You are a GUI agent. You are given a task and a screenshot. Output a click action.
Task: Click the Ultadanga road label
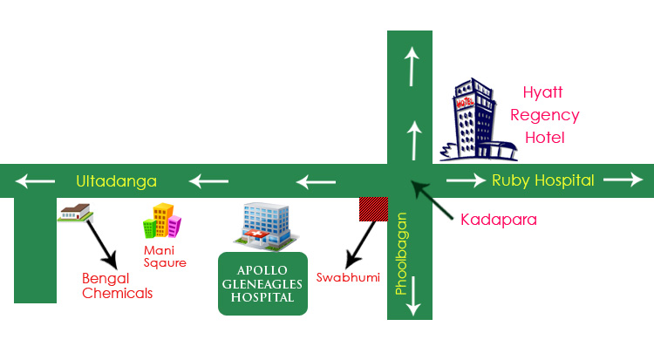116,181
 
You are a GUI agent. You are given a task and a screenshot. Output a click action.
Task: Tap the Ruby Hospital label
543,180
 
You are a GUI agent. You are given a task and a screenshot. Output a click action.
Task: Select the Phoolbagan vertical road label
401,254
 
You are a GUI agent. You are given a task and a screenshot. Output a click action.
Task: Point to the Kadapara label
499,220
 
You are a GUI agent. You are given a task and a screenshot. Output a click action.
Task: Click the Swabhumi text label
348,277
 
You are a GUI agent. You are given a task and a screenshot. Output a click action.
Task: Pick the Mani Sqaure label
165,256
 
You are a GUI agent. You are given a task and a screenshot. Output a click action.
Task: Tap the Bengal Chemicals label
117,286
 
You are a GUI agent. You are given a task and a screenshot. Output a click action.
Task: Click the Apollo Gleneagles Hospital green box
262,283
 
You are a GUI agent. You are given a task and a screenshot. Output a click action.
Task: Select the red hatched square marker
374,209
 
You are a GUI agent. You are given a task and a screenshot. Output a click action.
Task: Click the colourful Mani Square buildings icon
162,221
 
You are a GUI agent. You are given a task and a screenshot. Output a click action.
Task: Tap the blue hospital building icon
266,227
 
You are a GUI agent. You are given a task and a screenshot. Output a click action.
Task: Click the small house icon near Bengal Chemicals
75,213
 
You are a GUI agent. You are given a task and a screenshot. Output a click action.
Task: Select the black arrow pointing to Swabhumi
360,245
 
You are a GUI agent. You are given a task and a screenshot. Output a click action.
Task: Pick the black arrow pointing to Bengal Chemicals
102,245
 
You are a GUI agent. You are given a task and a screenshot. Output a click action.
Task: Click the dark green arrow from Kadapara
432,200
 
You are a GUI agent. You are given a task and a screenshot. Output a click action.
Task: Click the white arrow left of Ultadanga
35,181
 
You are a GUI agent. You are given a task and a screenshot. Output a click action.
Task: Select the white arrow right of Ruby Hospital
623,180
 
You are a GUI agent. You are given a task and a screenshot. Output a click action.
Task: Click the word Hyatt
542,92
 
